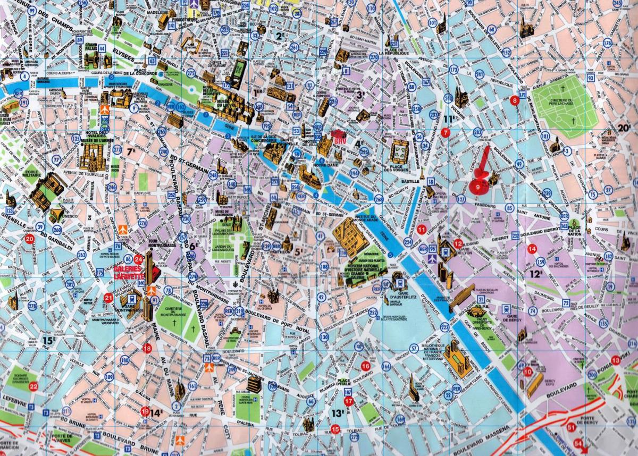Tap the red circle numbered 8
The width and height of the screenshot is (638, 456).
pyautogui.click(x=514, y=100)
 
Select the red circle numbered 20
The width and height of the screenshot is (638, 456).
pyautogui.click(x=30, y=239)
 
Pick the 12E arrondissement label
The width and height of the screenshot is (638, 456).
pyautogui.click(x=535, y=274)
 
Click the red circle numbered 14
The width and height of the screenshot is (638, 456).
pyautogui.click(x=532, y=249)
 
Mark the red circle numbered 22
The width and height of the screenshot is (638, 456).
pyautogui.click(x=33, y=386)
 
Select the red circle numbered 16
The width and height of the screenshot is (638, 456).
pyautogui.click(x=365, y=366)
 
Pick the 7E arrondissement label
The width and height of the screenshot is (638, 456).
pyautogui.click(x=131, y=151)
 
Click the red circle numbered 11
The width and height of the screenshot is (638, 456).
pyautogui.click(x=421, y=230)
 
